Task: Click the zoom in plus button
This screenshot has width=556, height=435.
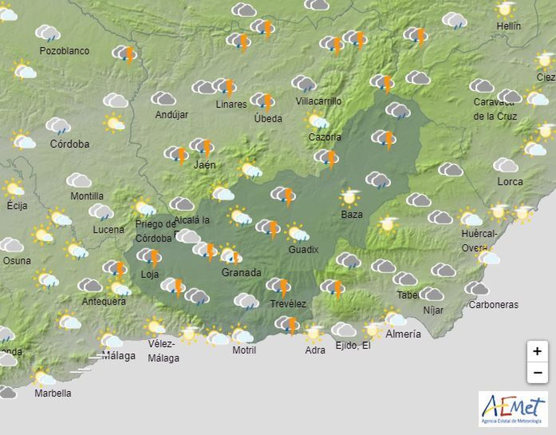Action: (x=537, y=351)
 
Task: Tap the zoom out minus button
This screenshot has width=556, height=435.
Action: (x=537, y=373)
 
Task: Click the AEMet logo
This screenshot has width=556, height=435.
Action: (x=513, y=409)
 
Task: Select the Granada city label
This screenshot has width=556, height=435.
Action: (x=241, y=272)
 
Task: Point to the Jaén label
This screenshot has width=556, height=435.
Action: (x=204, y=164)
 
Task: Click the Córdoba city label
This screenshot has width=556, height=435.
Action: (x=69, y=144)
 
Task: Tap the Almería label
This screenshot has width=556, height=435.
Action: (x=403, y=334)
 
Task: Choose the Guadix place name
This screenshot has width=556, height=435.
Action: (x=303, y=249)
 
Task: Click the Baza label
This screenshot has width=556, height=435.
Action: (x=352, y=214)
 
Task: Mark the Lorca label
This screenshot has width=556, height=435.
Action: (x=510, y=182)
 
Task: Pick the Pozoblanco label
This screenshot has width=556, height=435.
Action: (x=64, y=51)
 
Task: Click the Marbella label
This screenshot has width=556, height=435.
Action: (x=53, y=393)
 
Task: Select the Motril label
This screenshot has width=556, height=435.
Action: (x=244, y=350)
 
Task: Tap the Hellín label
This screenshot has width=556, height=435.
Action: (x=508, y=26)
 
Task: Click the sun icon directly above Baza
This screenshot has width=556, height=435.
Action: (x=350, y=197)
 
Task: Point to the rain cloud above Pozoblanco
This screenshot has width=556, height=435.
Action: (x=48, y=33)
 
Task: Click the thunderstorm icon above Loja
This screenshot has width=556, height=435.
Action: (x=149, y=256)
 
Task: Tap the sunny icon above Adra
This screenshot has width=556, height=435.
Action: (x=313, y=333)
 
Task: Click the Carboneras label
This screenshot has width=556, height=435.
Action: (x=493, y=305)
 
